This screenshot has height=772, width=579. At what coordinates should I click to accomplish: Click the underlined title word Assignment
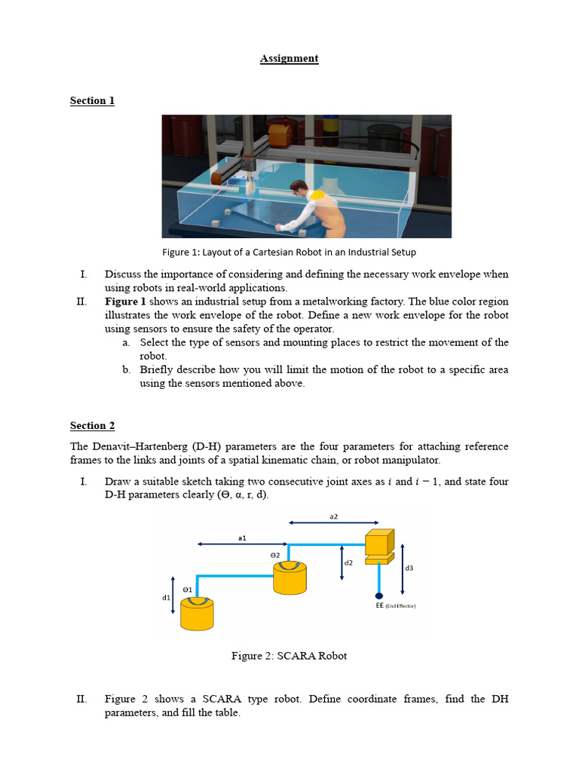click(x=289, y=59)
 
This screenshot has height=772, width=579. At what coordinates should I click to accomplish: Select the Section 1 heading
click(x=92, y=101)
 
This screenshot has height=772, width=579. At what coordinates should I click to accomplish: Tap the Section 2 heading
click(x=92, y=426)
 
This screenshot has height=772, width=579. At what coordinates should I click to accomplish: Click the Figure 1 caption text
click(x=289, y=252)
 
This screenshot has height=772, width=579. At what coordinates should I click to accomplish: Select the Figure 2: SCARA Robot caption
click(x=289, y=656)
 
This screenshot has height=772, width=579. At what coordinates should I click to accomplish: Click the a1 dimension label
click(x=241, y=538)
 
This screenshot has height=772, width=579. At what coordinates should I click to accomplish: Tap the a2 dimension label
click(x=334, y=516)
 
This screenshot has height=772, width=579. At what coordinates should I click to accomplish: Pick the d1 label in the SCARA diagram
click(x=166, y=598)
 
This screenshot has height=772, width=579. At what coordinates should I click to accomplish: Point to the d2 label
click(x=348, y=563)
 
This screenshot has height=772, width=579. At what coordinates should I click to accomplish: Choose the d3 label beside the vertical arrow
click(x=409, y=568)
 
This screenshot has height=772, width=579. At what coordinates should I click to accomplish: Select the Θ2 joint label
click(x=275, y=555)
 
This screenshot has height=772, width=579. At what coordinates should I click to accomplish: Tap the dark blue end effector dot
click(x=378, y=596)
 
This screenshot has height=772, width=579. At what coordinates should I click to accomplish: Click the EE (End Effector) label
click(x=396, y=605)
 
